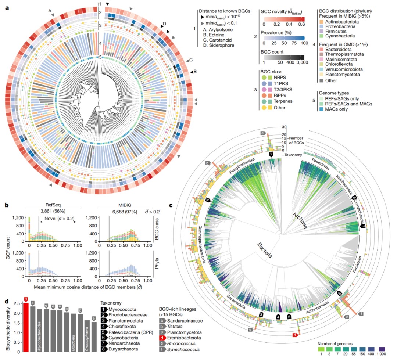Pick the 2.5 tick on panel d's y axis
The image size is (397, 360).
[16, 304]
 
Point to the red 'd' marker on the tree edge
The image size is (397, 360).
[294, 335]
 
